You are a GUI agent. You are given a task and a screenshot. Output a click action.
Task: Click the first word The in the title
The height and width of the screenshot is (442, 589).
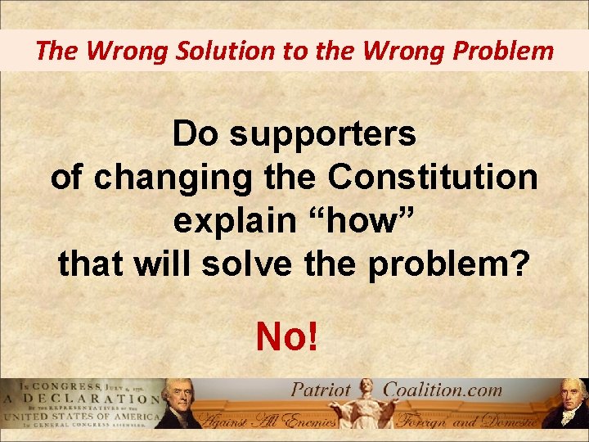tap(56, 51)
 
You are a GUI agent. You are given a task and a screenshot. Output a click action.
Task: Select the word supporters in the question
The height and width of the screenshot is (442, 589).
tap(322, 135)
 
